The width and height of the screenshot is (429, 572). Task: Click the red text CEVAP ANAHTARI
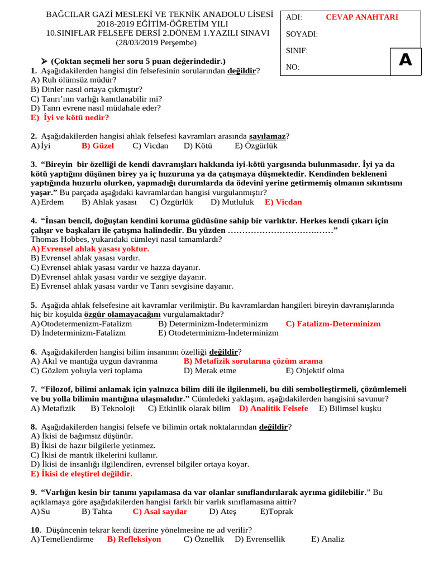pyautogui.click(x=361, y=17)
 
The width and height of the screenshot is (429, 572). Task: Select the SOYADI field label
pyautogui.click(x=302, y=35)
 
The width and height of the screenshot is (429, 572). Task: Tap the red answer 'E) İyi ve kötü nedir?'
pyautogui.click(x=70, y=118)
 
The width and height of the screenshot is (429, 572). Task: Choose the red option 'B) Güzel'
pyautogui.click(x=98, y=146)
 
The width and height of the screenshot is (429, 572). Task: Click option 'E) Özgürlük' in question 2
pyautogui.click(x=256, y=146)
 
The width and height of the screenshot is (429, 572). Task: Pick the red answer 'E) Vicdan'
pyautogui.click(x=283, y=202)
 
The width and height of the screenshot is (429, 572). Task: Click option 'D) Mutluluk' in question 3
pyautogui.click(x=232, y=202)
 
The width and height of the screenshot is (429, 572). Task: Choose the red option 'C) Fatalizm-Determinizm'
pyautogui.click(x=333, y=324)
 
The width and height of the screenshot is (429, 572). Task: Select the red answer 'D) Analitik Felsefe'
pyautogui.click(x=273, y=408)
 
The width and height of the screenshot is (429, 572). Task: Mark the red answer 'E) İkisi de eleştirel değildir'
pyautogui.click(x=82, y=474)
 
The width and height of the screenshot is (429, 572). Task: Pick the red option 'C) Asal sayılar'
pyautogui.click(x=160, y=511)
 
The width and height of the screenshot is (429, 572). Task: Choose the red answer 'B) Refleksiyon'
pyautogui.click(x=134, y=539)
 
